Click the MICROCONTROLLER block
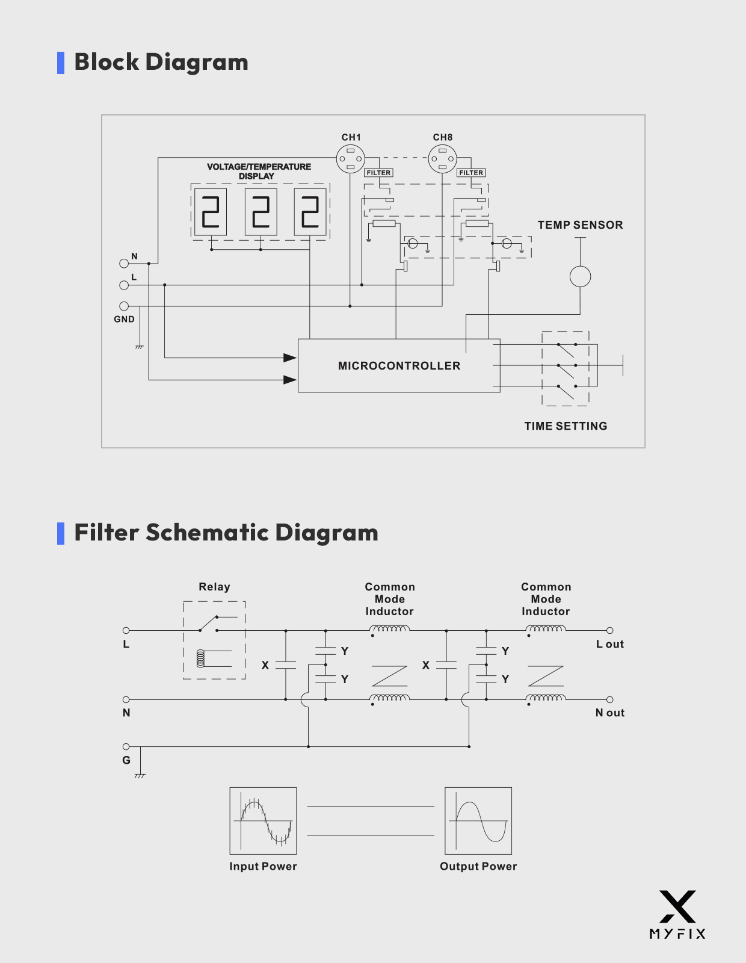(x=399, y=366)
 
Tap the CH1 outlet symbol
(x=351, y=159)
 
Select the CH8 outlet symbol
(x=442, y=159)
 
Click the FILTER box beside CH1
(x=378, y=173)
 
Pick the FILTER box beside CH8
(x=471, y=173)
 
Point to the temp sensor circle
(x=580, y=277)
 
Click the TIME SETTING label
(x=566, y=426)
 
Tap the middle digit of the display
(x=260, y=212)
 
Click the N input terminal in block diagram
(x=124, y=263)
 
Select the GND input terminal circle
(x=124, y=306)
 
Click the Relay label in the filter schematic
(x=214, y=587)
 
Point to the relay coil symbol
(x=201, y=658)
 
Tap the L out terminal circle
(x=609, y=630)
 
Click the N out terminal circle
(x=609, y=699)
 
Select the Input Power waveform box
(x=263, y=821)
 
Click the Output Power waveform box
(x=478, y=821)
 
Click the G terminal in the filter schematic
(x=126, y=747)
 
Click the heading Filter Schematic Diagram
(x=226, y=533)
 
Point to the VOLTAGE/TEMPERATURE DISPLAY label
(x=259, y=172)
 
